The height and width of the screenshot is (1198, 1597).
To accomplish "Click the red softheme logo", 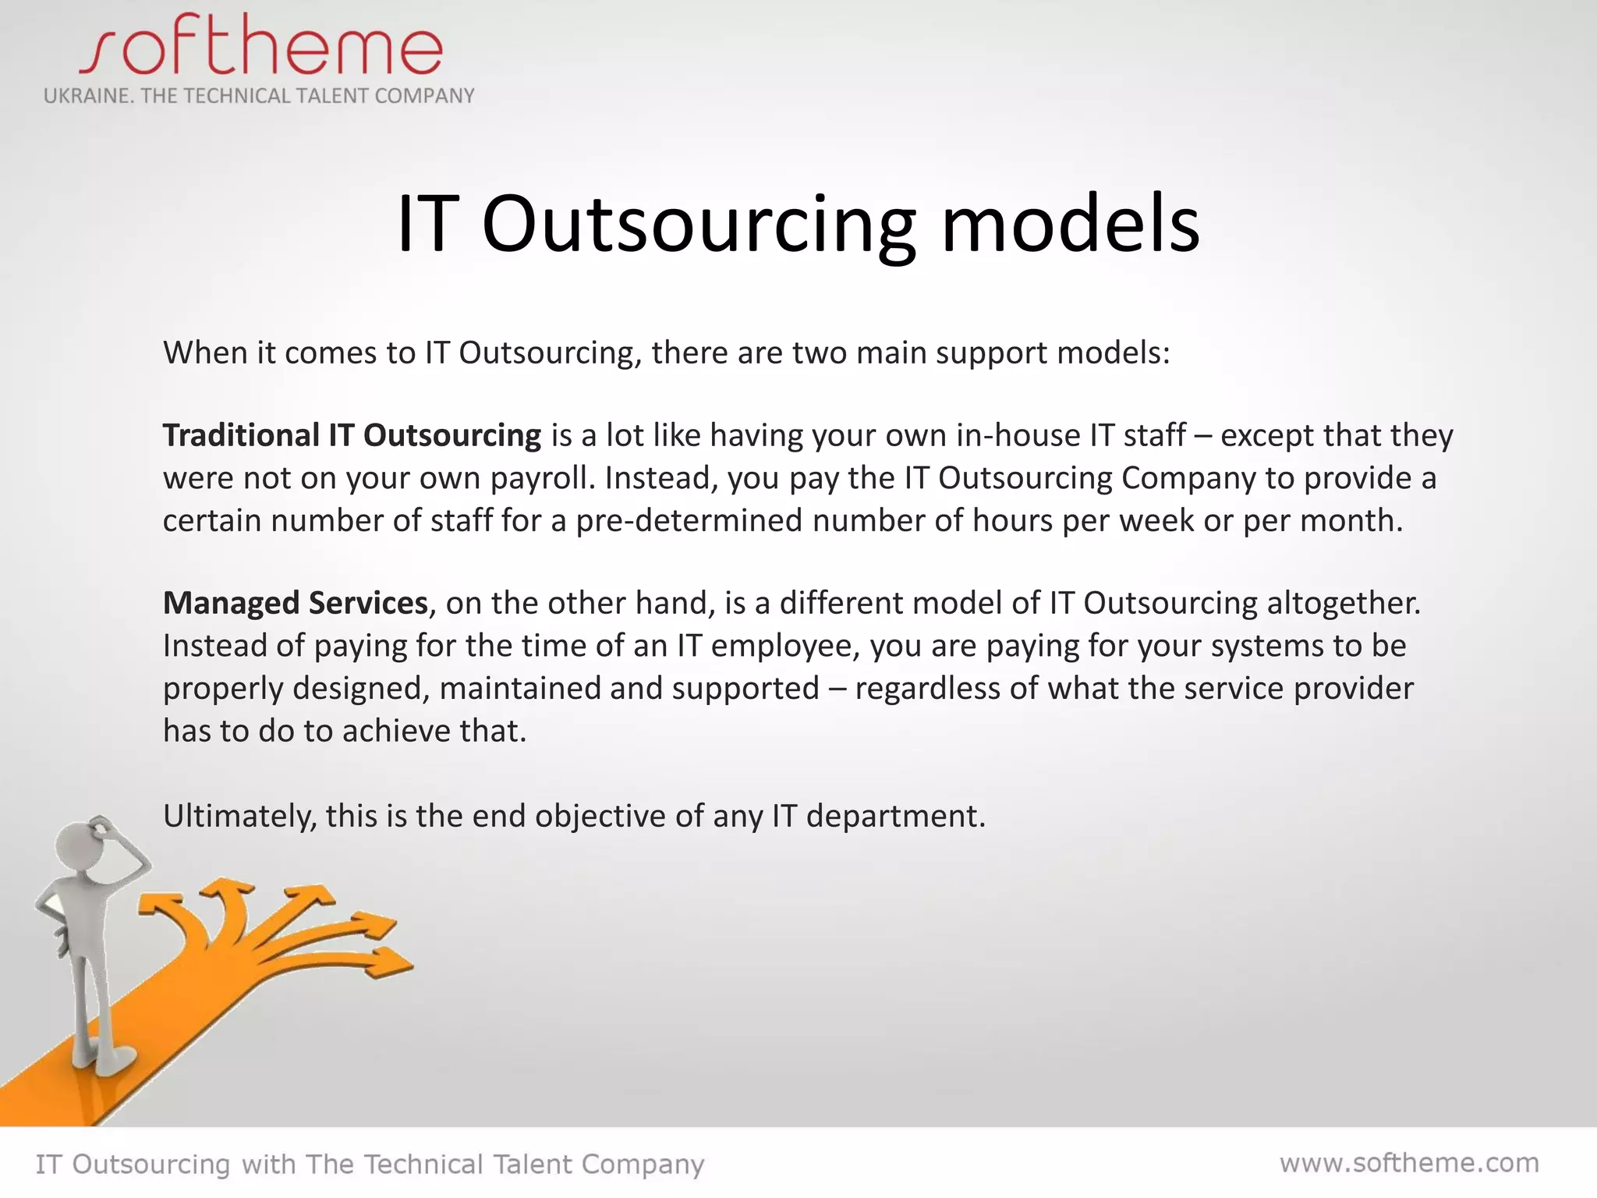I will pyautogui.click(x=261, y=47).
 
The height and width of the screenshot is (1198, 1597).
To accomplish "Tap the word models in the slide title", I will pyautogui.click(x=1070, y=225).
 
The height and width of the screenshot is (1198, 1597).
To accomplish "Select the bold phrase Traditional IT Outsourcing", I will pyautogui.click(x=351, y=435).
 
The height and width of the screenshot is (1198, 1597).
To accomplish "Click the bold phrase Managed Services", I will pyautogui.click(x=295, y=603).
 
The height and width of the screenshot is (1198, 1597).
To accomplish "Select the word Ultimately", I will pyautogui.click(x=239, y=817).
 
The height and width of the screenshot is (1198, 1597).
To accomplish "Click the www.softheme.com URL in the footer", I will pyautogui.click(x=1409, y=1163).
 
